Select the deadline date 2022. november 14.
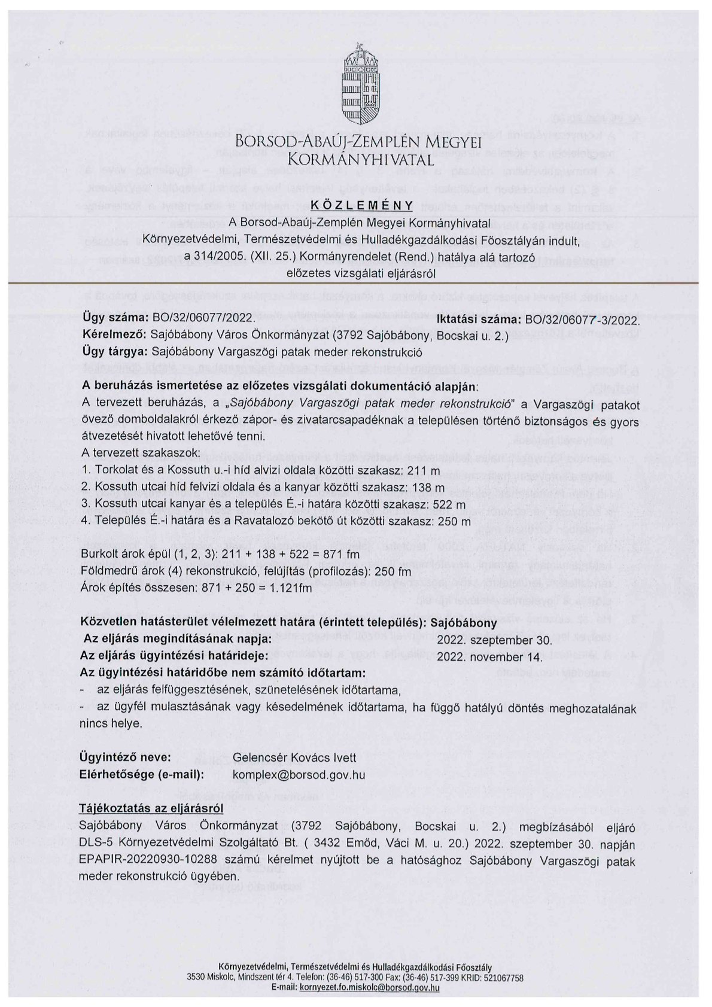(x=490, y=656)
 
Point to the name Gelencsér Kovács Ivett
(x=289, y=757)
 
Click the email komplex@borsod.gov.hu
(x=298, y=774)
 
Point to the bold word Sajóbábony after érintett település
(x=464, y=622)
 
